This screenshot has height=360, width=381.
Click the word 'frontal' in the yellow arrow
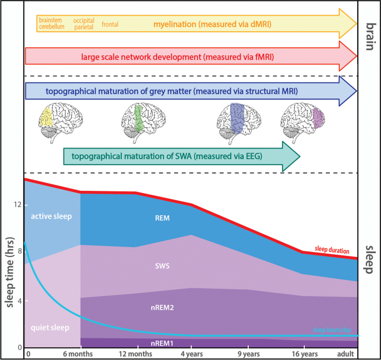click(110, 24)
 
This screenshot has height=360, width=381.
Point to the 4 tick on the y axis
click(18, 301)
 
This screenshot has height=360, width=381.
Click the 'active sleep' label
click(52, 216)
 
